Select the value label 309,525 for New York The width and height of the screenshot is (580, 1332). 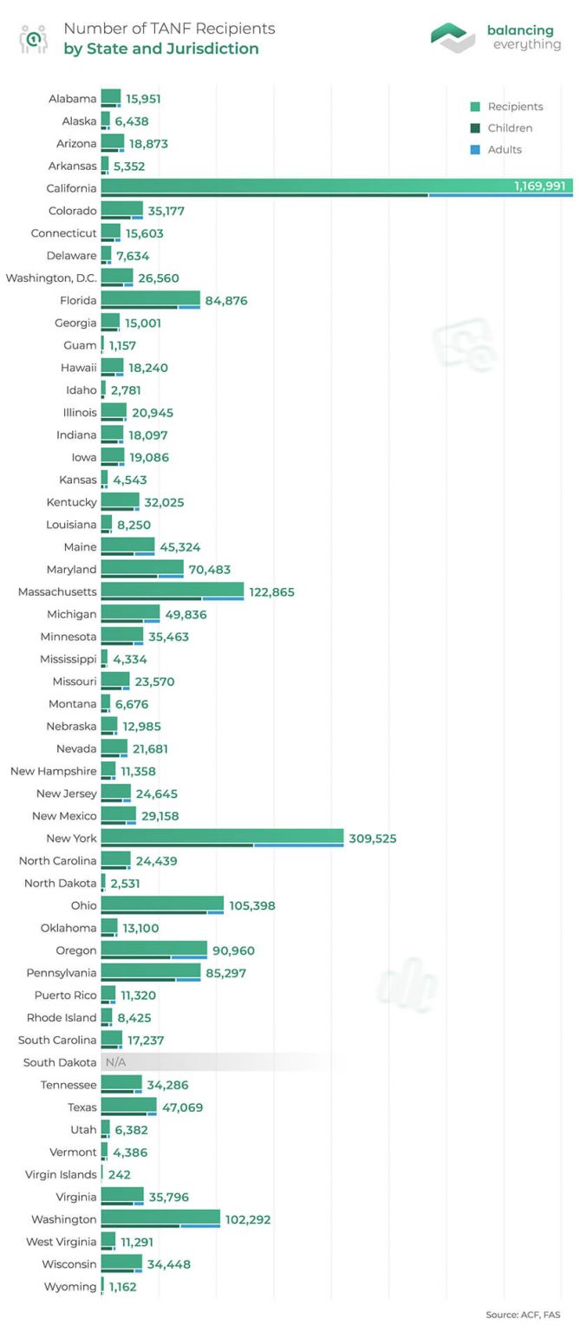[x=372, y=839]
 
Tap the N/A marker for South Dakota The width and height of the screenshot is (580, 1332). [x=115, y=1062]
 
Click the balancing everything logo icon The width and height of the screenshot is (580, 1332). [x=453, y=37]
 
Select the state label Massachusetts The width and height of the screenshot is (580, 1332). [x=57, y=591]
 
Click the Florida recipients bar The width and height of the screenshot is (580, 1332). [x=150, y=297]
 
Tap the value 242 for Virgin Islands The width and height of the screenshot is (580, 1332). [x=120, y=1174]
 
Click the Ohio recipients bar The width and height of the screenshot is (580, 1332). [x=162, y=904]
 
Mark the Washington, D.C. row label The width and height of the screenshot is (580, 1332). [x=51, y=277]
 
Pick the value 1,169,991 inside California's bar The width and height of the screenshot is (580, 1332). [x=539, y=186]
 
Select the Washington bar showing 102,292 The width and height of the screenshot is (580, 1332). [x=160, y=1218]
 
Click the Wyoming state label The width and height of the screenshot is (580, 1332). [x=70, y=1286]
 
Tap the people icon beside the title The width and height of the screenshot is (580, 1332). [x=33, y=38]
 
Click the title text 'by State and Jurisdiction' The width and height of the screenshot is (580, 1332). [x=160, y=49]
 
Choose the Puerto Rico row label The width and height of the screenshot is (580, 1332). [x=66, y=995]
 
